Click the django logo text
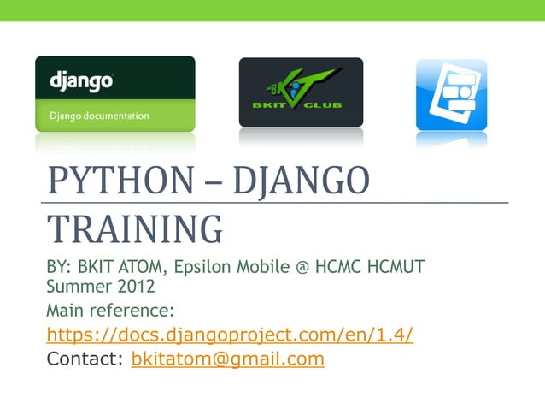81,82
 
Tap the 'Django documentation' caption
99,116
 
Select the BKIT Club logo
301,92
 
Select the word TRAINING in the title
134,229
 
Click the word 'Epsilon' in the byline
203,268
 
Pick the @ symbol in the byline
302,269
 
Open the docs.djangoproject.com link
230,334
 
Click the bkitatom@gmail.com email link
227,359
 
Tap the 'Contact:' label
85,359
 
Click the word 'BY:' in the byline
60,268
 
